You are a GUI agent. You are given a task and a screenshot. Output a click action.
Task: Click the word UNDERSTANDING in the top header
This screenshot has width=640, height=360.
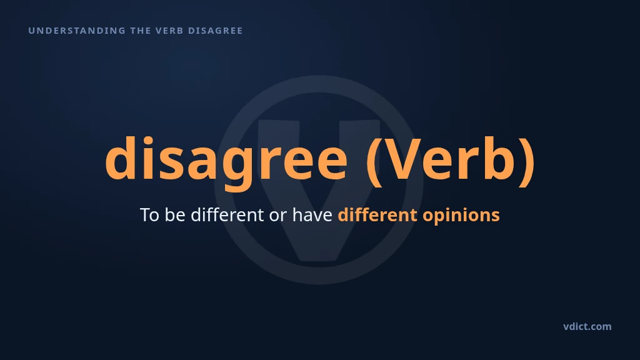(77, 31)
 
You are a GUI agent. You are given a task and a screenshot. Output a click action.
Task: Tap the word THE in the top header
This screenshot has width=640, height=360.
(141, 31)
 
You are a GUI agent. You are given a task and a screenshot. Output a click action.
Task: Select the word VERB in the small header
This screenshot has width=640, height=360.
(169, 31)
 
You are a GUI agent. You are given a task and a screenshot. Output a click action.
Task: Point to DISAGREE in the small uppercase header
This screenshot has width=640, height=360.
(216, 31)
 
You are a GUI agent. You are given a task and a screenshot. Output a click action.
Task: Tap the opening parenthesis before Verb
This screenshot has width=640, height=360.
(374, 161)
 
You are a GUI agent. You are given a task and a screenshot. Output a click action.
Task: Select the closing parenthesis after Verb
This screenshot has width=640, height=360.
(526, 161)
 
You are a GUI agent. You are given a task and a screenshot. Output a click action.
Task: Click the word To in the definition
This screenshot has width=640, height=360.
(149, 215)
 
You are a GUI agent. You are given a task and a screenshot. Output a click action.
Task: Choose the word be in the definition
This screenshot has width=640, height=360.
(175, 215)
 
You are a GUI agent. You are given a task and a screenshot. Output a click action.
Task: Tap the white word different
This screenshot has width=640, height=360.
(227, 215)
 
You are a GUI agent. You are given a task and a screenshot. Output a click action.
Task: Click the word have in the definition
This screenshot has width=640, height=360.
(312, 215)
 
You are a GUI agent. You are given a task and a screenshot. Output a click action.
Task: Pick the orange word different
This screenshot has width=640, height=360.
(377, 215)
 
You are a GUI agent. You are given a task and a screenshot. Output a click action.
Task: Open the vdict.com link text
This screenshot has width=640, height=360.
(587, 326)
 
